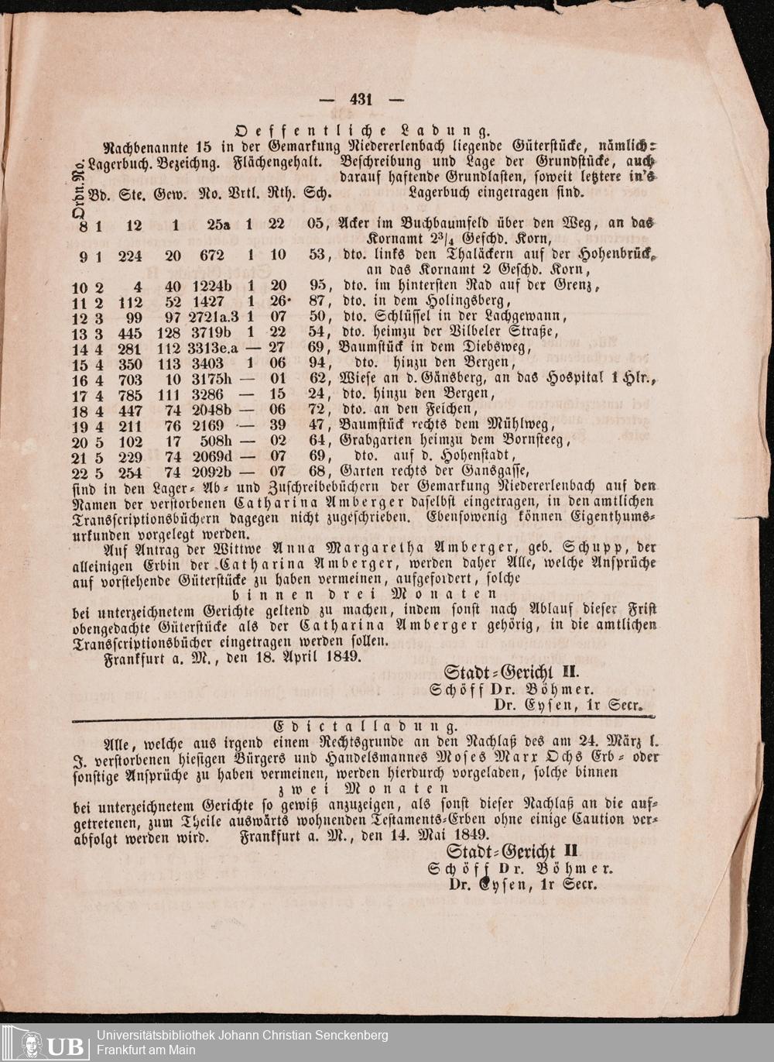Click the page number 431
pos(361,100)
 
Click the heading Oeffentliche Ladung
pos(362,129)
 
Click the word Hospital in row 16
pos(577,380)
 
